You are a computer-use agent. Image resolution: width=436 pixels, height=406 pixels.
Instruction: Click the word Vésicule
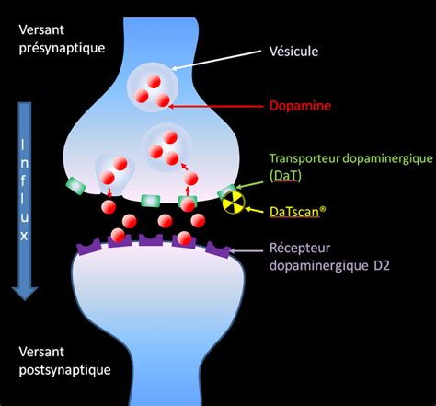pos(293,52)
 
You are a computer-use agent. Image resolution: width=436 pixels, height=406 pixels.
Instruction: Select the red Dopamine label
pos(300,106)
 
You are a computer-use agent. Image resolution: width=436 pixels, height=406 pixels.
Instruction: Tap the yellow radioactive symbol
pos(234,203)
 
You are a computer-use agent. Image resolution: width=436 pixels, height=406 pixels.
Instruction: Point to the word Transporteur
pos(304,158)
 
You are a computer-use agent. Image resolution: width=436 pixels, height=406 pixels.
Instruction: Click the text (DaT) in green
pos(285,176)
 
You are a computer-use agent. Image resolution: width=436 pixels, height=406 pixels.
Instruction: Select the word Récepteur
pos(300,248)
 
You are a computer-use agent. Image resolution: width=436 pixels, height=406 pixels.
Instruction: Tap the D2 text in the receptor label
pos(382,265)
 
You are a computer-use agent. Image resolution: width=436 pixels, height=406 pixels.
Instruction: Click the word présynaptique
pos(62,48)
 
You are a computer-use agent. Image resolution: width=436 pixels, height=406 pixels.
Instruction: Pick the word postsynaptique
pos(64,370)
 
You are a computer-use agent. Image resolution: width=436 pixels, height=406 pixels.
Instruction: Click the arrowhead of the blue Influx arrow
pos(25,293)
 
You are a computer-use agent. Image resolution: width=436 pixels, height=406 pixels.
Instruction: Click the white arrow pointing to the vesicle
pos(216,61)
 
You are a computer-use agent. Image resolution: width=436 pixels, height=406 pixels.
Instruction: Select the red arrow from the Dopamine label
pos(216,107)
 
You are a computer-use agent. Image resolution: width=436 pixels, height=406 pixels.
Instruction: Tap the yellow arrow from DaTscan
pos(254,210)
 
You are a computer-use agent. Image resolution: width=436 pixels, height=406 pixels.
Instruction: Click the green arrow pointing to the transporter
pos(249,185)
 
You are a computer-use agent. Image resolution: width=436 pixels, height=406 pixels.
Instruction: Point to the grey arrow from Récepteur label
pos(246,250)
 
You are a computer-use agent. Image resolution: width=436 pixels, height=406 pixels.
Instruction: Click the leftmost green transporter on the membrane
pos(75,186)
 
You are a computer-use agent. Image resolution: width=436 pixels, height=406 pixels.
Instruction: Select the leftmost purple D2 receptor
pos(89,247)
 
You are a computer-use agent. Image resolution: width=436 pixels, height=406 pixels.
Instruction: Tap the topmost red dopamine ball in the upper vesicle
pos(154,82)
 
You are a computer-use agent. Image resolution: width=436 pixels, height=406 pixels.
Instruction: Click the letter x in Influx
pos(24,236)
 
